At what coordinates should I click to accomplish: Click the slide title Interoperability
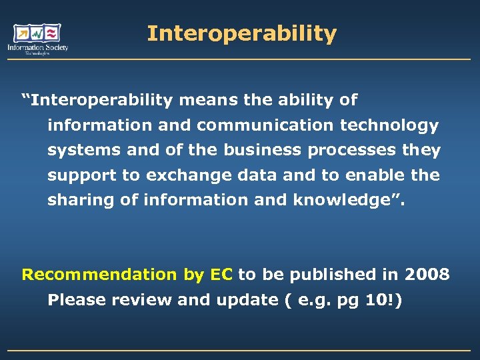[241, 33]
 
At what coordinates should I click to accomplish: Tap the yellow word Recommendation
[99, 274]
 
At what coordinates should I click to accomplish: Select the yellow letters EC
[221, 274]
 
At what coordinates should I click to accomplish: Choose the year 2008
[427, 274]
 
